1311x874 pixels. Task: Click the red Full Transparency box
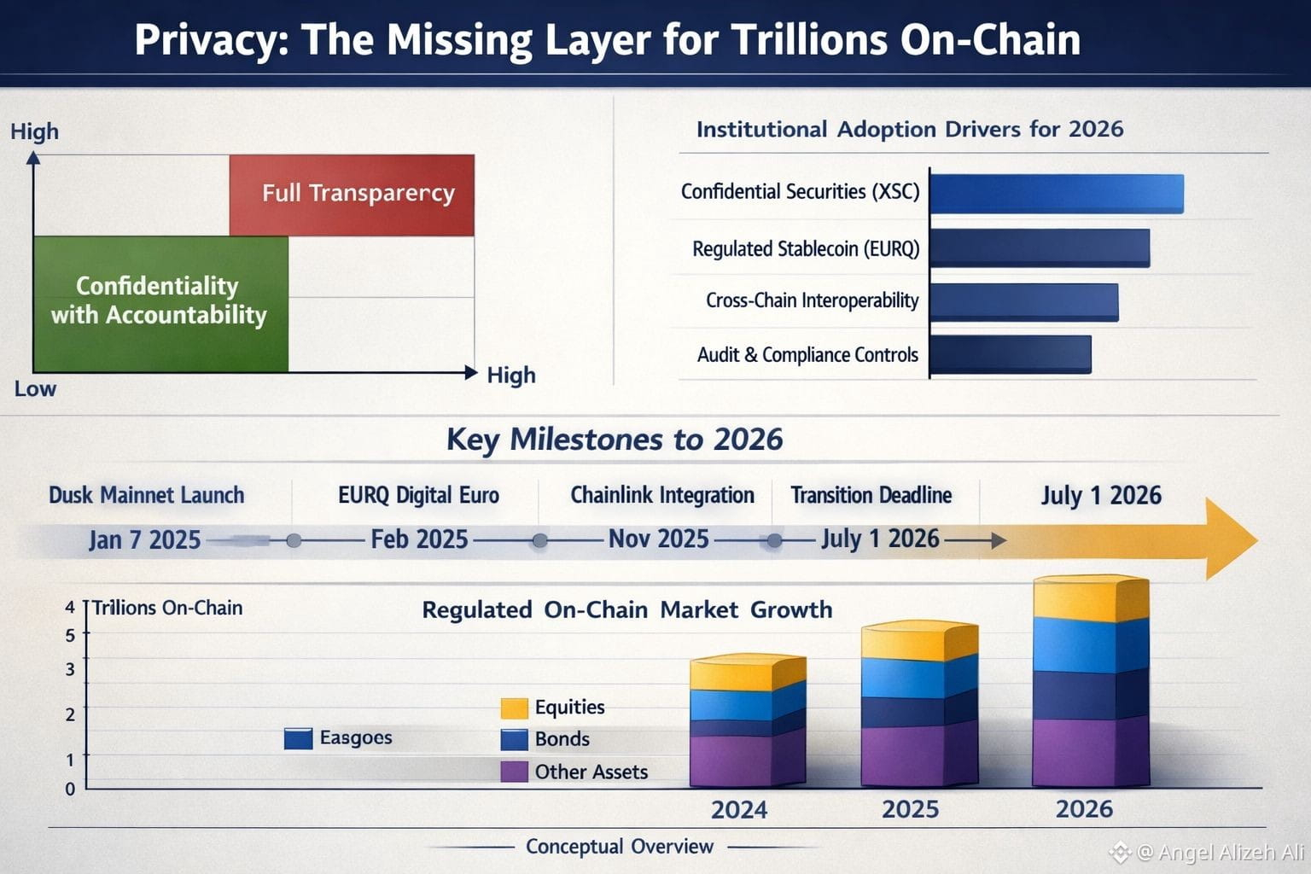coord(352,195)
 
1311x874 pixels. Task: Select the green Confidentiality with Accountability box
coord(160,303)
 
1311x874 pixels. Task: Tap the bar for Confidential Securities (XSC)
coord(1056,194)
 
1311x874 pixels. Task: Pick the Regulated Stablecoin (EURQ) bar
coord(1039,248)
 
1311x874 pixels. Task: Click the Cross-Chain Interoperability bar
coord(1023,301)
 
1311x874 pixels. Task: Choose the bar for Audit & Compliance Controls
coord(1010,354)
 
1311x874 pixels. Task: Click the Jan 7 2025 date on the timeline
coord(144,540)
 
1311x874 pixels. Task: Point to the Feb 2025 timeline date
coord(419,539)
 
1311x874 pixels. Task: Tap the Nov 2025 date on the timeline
coord(658,539)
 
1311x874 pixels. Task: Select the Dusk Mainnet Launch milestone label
coord(146,495)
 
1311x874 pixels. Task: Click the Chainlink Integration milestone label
coord(662,495)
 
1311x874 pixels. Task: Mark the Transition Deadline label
coord(871,495)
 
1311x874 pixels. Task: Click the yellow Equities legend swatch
coord(514,708)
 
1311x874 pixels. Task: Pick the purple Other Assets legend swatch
coord(514,772)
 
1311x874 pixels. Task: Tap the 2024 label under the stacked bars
coord(739,809)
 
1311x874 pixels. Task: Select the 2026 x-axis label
coord(1084,809)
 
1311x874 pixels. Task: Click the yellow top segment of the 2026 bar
coord(1090,599)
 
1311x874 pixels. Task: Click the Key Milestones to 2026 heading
coord(615,440)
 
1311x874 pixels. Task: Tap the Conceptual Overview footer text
coord(619,847)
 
